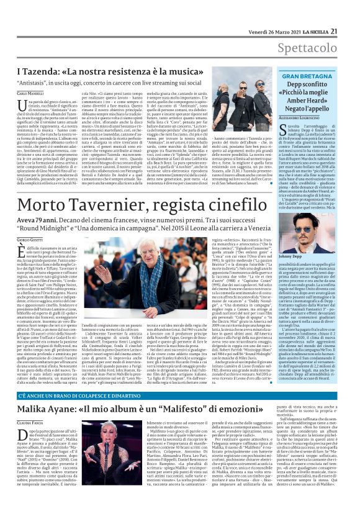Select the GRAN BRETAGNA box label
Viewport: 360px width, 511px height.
(309, 78)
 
